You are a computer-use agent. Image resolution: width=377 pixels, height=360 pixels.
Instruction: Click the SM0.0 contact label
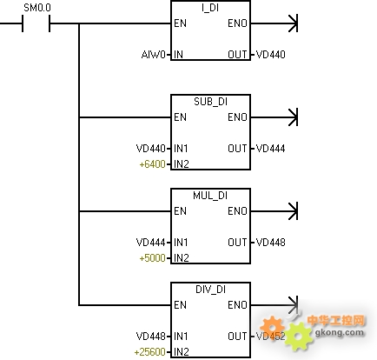click(x=37, y=8)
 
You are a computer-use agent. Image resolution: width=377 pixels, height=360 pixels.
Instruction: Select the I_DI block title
click(x=210, y=8)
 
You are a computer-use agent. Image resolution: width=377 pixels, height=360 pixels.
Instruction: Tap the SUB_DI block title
click(x=210, y=102)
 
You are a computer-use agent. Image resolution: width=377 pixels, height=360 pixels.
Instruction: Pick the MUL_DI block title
click(x=210, y=196)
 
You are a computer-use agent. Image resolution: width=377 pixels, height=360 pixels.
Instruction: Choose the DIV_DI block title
click(x=210, y=290)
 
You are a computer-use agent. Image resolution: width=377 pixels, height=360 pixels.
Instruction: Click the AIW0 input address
click(x=153, y=55)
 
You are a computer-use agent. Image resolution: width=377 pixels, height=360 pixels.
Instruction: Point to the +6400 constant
click(x=152, y=164)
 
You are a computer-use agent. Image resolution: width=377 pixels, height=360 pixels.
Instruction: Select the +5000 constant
click(x=152, y=258)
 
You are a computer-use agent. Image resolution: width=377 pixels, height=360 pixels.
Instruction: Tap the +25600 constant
click(x=149, y=352)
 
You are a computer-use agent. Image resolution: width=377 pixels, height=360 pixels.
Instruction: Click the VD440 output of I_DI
click(x=271, y=55)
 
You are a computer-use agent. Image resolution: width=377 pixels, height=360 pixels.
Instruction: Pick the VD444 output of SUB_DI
click(x=271, y=149)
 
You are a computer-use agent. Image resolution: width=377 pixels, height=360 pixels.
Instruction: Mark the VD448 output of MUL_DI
click(x=271, y=243)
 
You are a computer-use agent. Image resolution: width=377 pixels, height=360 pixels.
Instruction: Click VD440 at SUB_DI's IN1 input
click(x=151, y=149)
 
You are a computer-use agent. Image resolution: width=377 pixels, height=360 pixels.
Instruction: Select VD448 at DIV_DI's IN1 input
click(x=151, y=337)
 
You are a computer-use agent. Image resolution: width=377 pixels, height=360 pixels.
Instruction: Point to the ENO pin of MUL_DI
click(x=237, y=211)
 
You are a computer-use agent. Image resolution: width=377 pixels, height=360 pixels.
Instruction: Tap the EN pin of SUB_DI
click(x=180, y=117)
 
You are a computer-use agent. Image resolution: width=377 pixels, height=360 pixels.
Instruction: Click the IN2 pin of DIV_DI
click(x=182, y=352)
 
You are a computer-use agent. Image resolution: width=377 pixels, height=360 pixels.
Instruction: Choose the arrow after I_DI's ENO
click(x=274, y=23)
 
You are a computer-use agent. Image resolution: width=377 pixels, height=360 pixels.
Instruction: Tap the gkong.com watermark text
click(x=339, y=332)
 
